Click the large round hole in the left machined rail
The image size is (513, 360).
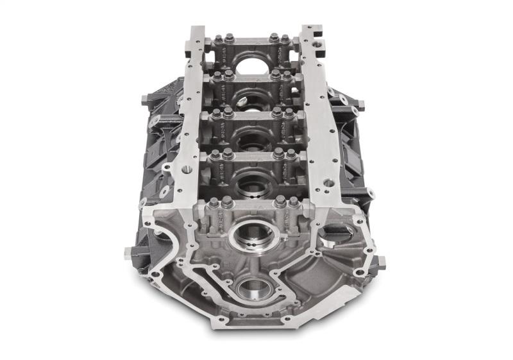coord(187,171)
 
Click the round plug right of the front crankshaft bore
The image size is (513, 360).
coord(333,230)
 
